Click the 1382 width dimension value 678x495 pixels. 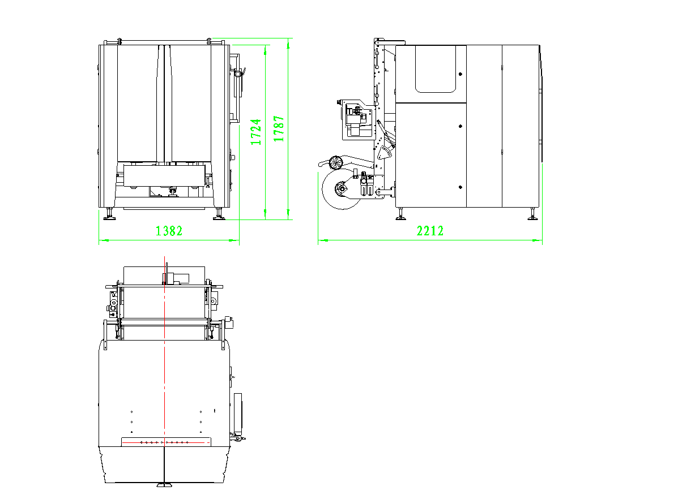point(169,231)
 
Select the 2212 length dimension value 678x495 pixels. point(430,231)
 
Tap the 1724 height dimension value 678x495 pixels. point(256,132)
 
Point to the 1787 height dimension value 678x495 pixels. point(279,129)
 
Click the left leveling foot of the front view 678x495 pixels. point(109,214)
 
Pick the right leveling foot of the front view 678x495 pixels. point(219,214)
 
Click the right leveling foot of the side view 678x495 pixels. point(532,214)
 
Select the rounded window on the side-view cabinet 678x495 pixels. point(436,68)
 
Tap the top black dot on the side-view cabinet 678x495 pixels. point(460,74)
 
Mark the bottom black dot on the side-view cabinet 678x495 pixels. point(460,187)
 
